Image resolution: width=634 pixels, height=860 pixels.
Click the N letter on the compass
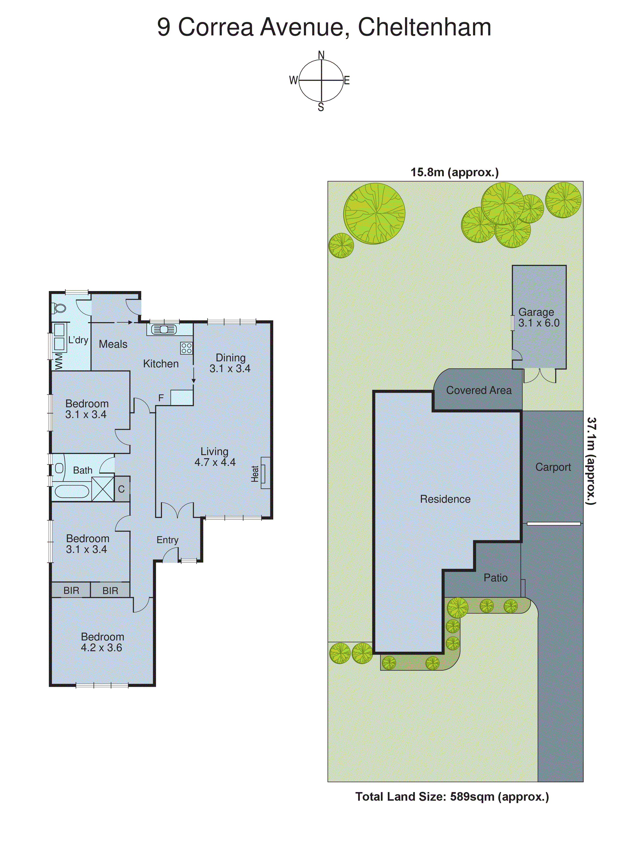click(321, 55)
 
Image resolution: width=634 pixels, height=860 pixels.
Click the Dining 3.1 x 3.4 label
click(230, 363)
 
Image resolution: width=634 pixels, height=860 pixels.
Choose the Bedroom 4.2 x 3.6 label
click(102, 642)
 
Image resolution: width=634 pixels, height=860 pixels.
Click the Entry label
click(167, 540)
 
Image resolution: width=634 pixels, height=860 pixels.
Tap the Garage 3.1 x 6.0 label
click(539, 317)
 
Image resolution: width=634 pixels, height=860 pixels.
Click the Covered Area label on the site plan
click(478, 390)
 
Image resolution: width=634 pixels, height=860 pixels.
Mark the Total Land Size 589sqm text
click(452, 797)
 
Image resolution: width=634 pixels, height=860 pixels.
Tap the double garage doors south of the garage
click(539, 376)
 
